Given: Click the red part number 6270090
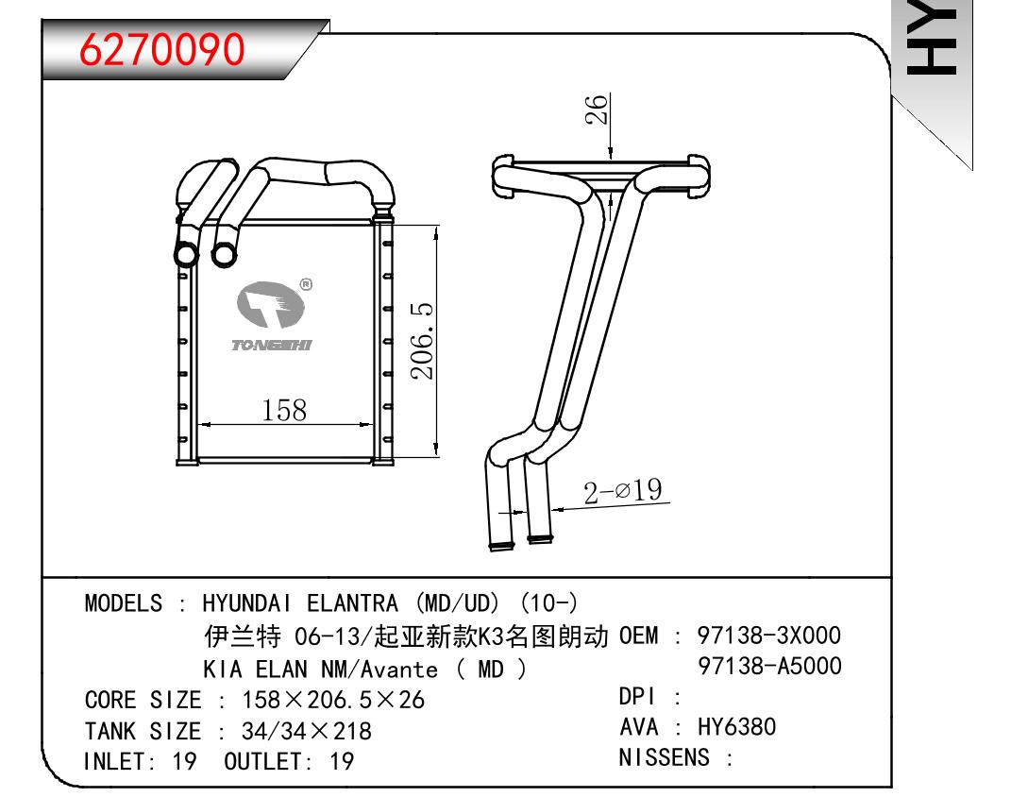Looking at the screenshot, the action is click(161, 50).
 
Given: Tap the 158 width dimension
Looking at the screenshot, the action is click(284, 410).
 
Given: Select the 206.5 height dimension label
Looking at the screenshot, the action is click(422, 341).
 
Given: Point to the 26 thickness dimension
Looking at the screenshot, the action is click(597, 109).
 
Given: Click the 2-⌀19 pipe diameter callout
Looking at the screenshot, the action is click(623, 491).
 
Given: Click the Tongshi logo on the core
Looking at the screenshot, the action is click(271, 316).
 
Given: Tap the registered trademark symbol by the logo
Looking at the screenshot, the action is click(306, 284).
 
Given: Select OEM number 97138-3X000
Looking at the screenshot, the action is click(769, 636).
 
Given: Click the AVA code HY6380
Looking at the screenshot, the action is click(737, 727).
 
